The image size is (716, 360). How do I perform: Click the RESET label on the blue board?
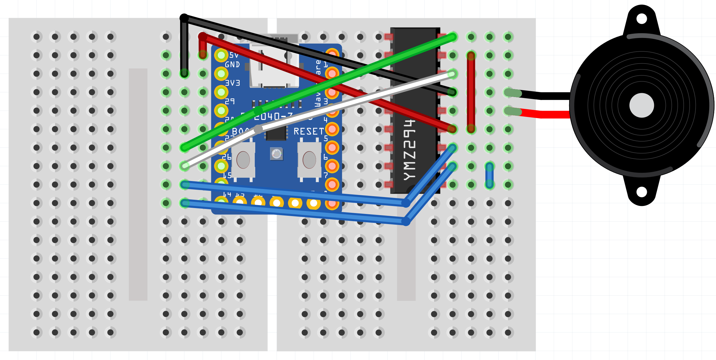tap(309, 131)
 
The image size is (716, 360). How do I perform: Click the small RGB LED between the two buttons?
tap(277, 154)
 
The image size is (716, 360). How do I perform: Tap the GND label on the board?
tap(232, 65)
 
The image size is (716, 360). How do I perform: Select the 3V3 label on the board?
tap(232, 83)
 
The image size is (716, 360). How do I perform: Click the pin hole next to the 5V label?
tap(221, 55)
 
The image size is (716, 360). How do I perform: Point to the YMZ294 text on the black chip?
tap(410, 150)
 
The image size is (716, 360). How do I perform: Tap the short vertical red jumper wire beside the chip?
tap(471, 92)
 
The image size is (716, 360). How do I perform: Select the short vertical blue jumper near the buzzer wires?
tap(489, 175)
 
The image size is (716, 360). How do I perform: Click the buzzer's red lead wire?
tap(546, 114)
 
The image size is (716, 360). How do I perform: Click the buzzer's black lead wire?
tap(546, 96)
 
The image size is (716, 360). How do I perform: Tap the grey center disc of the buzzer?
tap(642, 105)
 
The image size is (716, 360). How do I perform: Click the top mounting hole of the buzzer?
tap(642, 19)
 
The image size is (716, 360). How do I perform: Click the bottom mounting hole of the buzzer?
tap(642, 192)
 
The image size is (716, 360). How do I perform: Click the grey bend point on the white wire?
tap(258, 129)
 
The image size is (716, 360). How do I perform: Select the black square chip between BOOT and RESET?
tap(276, 133)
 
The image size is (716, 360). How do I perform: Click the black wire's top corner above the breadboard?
tap(184, 18)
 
